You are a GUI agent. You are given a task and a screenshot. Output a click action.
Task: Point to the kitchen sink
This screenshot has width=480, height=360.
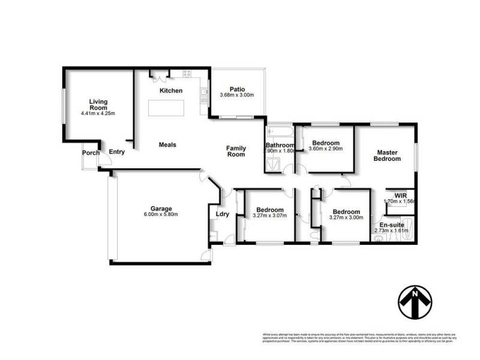pyautogui.click(x=204, y=92)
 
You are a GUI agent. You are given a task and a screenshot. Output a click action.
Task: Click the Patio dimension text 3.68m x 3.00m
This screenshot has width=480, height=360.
pyautogui.click(x=237, y=95)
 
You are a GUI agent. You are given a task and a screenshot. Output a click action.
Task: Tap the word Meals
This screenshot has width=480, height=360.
pyautogui.click(x=167, y=145)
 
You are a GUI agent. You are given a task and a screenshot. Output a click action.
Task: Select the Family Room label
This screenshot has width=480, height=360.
pyautogui.click(x=236, y=151)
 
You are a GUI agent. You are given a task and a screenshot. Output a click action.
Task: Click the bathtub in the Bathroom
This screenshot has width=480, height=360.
pyautogui.click(x=280, y=130)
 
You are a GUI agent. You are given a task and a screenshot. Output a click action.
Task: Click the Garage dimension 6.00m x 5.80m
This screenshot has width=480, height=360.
pyautogui.click(x=161, y=214)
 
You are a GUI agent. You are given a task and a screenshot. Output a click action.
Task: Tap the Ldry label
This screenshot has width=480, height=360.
pyautogui.click(x=215, y=214)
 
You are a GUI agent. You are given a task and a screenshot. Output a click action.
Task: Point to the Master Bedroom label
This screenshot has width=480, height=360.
pyautogui.click(x=387, y=155)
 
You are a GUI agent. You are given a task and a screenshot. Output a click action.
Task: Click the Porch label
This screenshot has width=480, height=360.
pyautogui.click(x=91, y=153)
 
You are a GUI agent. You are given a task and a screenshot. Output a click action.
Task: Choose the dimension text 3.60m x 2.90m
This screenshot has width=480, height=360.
pyautogui.click(x=325, y=149)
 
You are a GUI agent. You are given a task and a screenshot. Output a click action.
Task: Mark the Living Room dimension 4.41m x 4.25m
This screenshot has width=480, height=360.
pyautogui.click(x=97, y=113)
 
